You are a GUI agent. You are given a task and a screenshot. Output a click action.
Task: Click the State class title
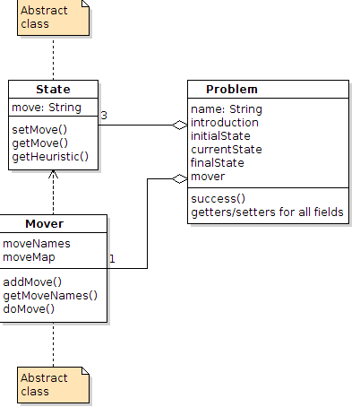pyautogui.click(x=53, y=90)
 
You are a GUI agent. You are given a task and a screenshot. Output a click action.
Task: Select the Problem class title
pyautogui.click(x=232, y=90)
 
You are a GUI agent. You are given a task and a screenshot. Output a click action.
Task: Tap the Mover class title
pyautogui.click(x=45, y=224)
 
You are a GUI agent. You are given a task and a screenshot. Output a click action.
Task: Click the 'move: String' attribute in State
pyautogui.click(x=47, y=108)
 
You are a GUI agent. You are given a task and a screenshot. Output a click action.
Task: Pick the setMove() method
pyautogui.click(x=39, y=130)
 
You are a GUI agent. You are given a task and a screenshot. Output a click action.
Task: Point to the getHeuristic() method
pyautogui.click(x=50, y=157)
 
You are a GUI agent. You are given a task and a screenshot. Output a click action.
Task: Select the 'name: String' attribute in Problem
pyautogui.click(x=227, y=109)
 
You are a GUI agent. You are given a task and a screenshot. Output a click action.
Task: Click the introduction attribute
pyautogui.click(x=225, y=123)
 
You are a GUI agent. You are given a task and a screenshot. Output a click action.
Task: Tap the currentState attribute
pyautogui.click(x=227, y=150)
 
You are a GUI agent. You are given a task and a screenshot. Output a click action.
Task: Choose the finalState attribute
pyautogui.click(x=218, y=163)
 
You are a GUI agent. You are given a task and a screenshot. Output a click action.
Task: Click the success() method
pyautogui.click(x=219, y=199)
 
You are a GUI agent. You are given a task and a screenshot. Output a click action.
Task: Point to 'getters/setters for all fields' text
pyautogui.click(x=267, y=212)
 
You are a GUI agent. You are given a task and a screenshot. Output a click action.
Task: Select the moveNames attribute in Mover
pyautogui.click(x=37, y=244)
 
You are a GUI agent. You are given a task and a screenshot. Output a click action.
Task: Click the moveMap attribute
pyautogui.click(x=29, y=257)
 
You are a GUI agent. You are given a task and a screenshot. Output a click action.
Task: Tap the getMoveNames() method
pyautogui.click(x=50, y=296)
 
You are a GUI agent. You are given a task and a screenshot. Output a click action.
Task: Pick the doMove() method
pyautogui.click(x=29, y=309)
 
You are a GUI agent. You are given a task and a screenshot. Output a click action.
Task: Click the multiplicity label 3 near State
pyautogui.click(x=104, y=116)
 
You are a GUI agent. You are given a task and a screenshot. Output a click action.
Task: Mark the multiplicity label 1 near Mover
pyautogui.click(x=112, y=259)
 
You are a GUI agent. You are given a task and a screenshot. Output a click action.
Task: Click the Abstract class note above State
pyautogui.click(x=53, y=18)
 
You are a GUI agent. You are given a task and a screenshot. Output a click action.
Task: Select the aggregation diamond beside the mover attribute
pyautogui.click(x=180, y=178)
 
